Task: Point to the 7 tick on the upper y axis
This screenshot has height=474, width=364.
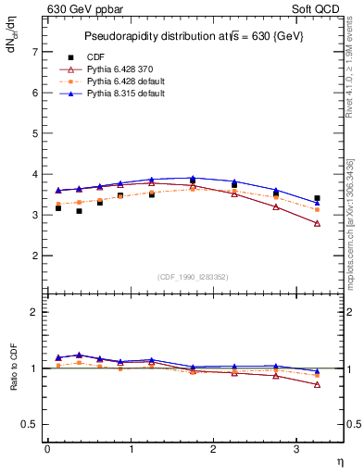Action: coord(35,52)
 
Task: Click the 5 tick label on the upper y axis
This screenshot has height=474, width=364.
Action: coord(35,133)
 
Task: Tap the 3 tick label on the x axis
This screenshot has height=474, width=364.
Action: coord(296,449)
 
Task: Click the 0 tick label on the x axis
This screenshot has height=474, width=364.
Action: coord(47,449)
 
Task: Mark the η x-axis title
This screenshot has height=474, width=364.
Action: coord(339,461)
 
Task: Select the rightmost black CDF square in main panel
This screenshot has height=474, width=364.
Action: coord(317,198)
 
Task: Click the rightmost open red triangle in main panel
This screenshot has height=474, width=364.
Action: coord(317,223)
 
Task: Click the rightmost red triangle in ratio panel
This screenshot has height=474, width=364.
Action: coord(317,384)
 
